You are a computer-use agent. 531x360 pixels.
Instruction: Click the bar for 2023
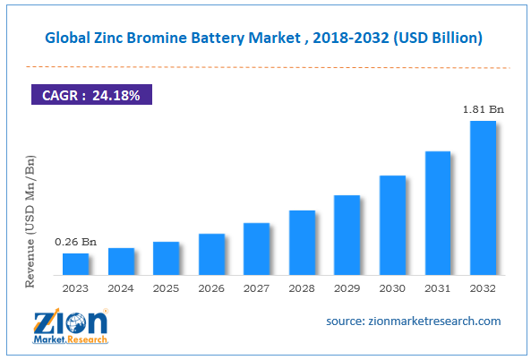(75, 264)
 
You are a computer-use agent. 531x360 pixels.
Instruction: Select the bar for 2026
(211, 254)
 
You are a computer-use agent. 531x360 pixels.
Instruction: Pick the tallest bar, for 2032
(483, 198)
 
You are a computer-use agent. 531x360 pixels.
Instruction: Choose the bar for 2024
(121, 261)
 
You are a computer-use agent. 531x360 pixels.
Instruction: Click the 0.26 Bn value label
(75, 242)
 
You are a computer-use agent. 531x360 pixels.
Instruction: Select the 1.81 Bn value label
(483, 109)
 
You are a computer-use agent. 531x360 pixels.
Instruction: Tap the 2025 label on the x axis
(166, 288)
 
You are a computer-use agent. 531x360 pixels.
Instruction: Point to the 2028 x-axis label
(302, 288)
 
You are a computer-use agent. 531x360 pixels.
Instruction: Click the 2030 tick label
(392, 288)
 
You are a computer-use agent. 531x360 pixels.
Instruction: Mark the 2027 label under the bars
(256, 288)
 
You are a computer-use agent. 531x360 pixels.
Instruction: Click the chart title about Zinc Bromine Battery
(265, 38)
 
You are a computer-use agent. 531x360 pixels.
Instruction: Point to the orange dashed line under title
(265, 67)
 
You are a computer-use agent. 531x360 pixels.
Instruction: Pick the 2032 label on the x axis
(483, 288)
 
